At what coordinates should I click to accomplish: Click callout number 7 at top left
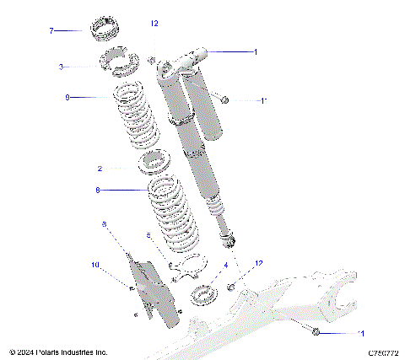click(51, 31)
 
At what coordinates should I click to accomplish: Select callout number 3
click(61, 66)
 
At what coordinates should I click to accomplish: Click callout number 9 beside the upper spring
click(67, 97)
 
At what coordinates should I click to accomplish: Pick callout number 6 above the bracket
click(104, 224)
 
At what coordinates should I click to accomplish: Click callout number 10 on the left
click(94, 265)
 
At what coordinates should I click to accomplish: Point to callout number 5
click(148, 235)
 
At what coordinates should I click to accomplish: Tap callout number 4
click(225, 265)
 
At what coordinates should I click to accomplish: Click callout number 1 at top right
click(256, 51)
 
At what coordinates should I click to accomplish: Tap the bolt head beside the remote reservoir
click(224, 100)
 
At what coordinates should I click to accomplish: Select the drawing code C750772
click(382, 352)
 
